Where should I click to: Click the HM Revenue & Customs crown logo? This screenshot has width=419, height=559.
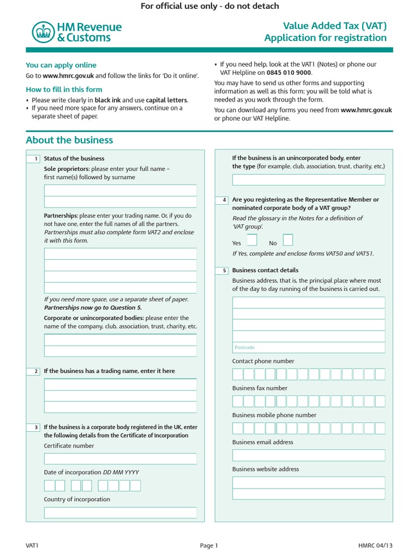click(41, 32)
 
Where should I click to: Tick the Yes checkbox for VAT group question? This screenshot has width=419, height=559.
click(252, 240)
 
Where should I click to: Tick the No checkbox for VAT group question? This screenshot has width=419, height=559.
click(288, 240)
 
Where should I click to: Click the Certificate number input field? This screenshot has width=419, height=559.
click(120, 459)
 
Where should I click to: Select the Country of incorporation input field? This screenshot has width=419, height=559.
click(120, 513)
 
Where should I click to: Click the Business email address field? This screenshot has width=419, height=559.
click(308, 455)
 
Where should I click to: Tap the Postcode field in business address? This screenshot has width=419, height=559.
click(308, 347)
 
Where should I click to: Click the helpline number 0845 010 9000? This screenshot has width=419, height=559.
click(289, 72)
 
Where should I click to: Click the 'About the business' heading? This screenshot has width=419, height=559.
click(69, 140)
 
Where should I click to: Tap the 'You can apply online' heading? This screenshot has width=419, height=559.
click(61, 65)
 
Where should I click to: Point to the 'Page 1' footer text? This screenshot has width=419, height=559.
click(209, 545)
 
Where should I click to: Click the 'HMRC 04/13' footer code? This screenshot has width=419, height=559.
click(375, 545)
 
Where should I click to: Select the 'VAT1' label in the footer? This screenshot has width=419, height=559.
click(32, 545)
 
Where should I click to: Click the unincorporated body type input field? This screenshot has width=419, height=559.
click(308, 180)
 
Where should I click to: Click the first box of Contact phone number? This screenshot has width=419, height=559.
click(238, 374)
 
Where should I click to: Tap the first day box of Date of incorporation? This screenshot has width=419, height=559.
click(49, 485)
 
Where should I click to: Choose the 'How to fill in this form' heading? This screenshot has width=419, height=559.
click(64, 90)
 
